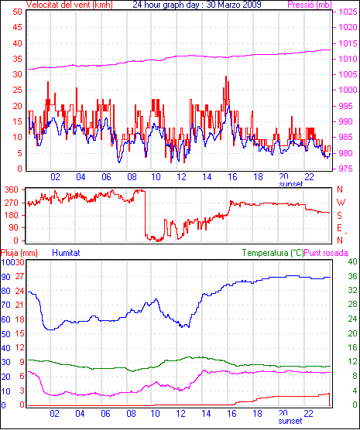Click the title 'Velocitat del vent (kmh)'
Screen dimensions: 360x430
coord(70,5)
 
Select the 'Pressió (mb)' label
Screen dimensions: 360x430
coord(310,5)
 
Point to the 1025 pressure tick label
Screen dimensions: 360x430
coord(348,12)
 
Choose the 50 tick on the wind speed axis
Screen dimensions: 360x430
coord(17,12)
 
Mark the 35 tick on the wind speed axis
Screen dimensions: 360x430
coord(17,59)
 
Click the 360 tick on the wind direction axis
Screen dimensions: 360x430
coord(11,189)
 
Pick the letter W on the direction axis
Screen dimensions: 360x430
coord(341,203)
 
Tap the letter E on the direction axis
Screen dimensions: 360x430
coord(339,228)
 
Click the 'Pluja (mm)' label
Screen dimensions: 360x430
coord(19,253)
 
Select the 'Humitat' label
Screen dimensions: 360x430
coord(66,253)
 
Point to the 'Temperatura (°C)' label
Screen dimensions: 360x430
coord(273,253)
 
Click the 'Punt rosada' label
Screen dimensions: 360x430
coord(326,253)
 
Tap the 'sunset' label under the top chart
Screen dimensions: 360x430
coord(291,184)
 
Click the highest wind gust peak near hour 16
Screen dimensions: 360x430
coord(226,77)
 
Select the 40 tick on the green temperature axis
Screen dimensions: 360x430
coord(352,261)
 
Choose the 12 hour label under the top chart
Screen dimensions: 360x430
coord(181,177)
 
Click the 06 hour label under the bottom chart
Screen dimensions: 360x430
coord(105,413)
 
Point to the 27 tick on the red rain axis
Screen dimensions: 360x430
coord(20,276)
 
